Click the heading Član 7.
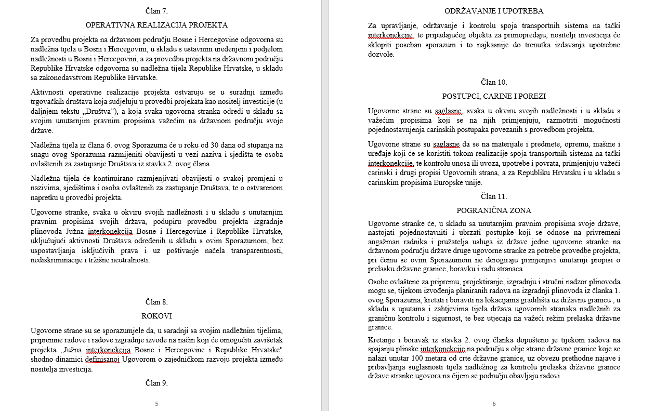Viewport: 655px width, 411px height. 156,10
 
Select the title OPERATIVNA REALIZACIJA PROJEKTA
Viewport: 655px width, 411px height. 156,25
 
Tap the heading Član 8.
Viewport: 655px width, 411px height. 156,302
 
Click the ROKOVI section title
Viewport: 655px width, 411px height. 156,316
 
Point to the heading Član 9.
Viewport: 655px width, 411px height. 156,383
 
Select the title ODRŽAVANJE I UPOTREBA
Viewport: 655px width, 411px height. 494,11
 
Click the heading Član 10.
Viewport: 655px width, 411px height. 494,82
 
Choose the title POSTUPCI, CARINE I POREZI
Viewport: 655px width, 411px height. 494,97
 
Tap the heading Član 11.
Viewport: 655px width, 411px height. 494,196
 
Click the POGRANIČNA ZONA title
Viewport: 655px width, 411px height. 494,210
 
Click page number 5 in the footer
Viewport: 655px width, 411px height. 156,404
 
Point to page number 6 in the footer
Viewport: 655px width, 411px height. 494,404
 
